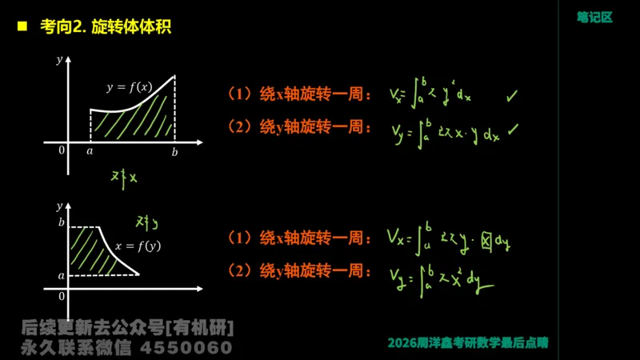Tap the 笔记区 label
click(594, 17)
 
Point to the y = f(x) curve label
click(129, 86)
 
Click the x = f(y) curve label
click(138, 246)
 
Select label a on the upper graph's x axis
click(89, 150)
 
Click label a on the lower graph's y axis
click(60, 274)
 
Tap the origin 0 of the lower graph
click(61, 297)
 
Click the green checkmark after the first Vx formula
click(512, 96)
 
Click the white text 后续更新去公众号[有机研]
click(128, 328)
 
